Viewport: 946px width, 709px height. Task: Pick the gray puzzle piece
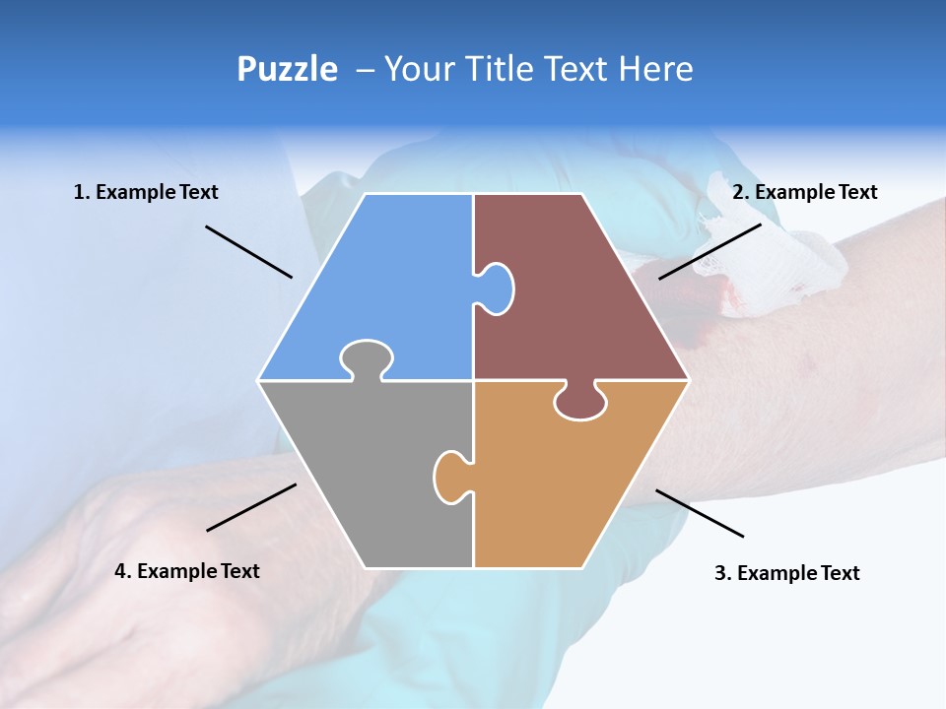click(365, 473)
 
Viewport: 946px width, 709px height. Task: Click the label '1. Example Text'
click(146, 192)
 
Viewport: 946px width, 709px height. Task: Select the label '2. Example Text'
click(804, 192)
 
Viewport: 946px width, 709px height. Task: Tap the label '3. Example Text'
click(786, 573)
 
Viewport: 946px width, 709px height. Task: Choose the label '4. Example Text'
click(187, 571)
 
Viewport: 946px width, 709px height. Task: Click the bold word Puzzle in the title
click(287, 69)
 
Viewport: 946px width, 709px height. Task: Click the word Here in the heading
click(655, 69)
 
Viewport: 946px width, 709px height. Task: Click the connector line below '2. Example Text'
click(709, 251)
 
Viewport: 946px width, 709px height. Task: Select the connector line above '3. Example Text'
click(700, 513)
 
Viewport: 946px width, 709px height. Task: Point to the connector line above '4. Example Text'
click(251, 507)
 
